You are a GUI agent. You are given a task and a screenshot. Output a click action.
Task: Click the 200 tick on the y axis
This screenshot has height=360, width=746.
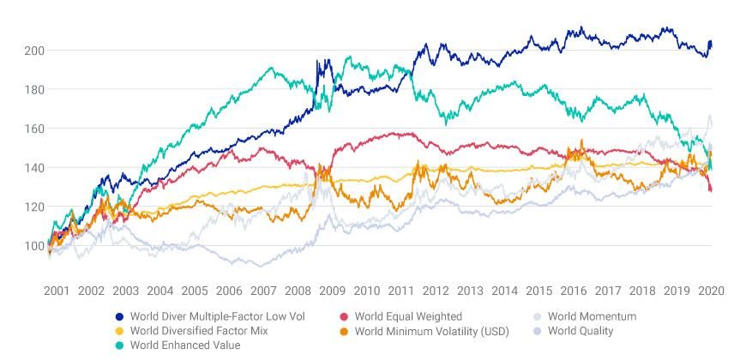tap(34, 51)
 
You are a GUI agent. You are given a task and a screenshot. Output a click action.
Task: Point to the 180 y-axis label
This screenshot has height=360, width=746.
tap(34, 90)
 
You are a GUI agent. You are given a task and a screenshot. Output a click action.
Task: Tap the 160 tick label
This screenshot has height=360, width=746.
tap(34, 129)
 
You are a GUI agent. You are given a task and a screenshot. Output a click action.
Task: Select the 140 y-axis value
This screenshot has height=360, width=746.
tap(34, 168)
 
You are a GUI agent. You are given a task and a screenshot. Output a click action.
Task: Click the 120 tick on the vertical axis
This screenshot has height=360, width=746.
tap(34, 207)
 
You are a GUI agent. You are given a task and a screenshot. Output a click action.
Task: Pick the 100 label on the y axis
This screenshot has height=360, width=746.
tap(34, 246)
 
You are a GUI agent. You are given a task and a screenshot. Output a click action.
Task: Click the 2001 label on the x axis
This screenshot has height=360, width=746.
tap(57, 291)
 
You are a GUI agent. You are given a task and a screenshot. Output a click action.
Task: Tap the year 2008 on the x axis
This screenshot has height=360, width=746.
tap(298, 291)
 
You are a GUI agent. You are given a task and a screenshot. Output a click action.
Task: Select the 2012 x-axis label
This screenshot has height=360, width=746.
tap(436, 291)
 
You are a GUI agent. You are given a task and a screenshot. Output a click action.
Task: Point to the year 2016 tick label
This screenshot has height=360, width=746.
tap(574, 291)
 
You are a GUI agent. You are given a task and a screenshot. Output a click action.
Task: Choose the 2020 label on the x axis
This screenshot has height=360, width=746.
tap(711, 291)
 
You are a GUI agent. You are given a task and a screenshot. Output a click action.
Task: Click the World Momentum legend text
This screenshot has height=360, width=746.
tap(592, 316)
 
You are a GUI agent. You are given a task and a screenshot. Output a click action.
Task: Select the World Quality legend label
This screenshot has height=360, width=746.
tap(581, 330)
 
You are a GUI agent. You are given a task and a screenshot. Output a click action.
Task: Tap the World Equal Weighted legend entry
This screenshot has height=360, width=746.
tap(408, 316)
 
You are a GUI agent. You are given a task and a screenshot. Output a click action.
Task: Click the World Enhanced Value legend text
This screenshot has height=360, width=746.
tap(184, 345)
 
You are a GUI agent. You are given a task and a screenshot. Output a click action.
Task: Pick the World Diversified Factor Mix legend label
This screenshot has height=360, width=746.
tap(202, 330)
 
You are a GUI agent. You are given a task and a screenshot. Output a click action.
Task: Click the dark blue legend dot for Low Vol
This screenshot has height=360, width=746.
tap(119, 316)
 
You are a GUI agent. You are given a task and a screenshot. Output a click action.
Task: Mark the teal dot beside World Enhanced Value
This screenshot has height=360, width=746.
tap(119, 345)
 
